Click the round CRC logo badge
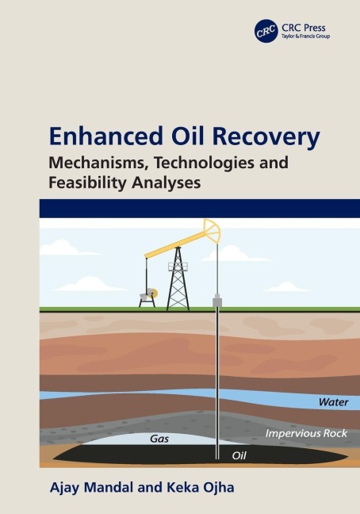(266, 31)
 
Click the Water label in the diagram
(333, 402)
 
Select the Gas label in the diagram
(159, 438)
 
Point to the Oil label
(239, 455)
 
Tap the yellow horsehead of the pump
(213, 232)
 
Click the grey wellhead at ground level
(217, 302)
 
